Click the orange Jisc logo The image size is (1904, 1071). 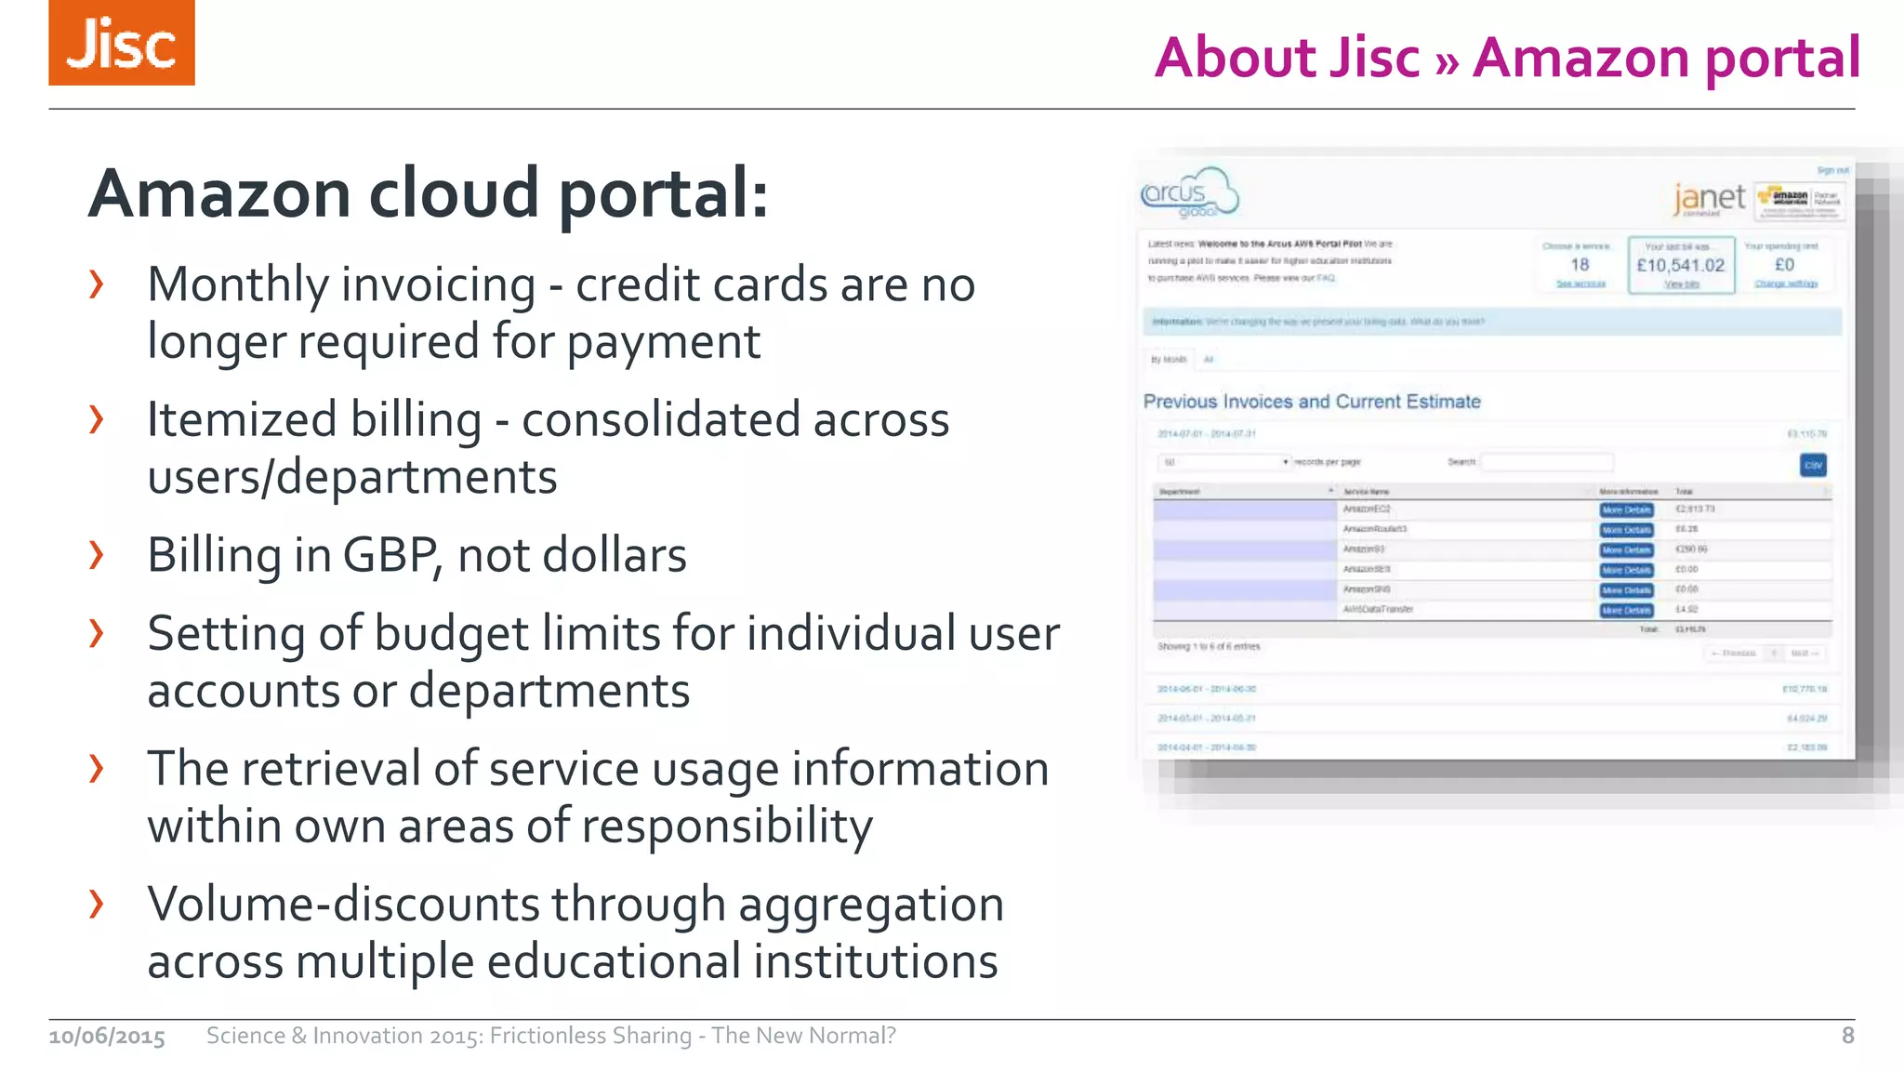click(122, 43)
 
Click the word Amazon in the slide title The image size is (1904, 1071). click(1581, 58)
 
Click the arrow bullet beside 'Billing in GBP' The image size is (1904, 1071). click(97, 555)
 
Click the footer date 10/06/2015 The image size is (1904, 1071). click(107, 1036)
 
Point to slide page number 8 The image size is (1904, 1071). click(1847, 1036)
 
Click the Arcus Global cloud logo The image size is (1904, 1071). click(1189, 193)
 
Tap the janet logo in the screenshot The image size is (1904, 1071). click(1709, 198)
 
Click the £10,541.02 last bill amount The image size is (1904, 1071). click(1680, 265)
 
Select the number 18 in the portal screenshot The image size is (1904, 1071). click(1580, 265)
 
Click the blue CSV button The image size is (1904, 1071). click(1813, 465)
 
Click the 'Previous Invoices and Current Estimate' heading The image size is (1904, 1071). click(1311, 402)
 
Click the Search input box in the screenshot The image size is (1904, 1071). click(1546, 462)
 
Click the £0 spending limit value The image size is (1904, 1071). click(1784, 265)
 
